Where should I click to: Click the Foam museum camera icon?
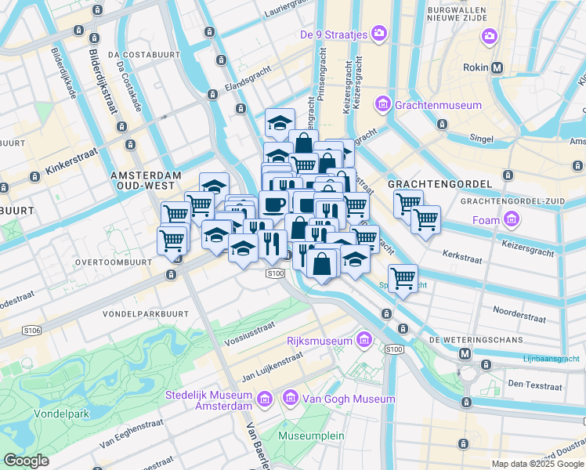(512, 220)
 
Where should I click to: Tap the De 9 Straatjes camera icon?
(379, 33)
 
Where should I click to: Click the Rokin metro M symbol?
(497, 67)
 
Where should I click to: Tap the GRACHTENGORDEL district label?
(439, 184)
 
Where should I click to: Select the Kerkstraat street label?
(465, 255)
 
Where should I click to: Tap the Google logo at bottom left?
(26, 460)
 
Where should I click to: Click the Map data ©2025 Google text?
(537, 464)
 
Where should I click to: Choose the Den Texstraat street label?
(535, 385)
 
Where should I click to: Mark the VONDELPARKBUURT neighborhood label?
(146, 313)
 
